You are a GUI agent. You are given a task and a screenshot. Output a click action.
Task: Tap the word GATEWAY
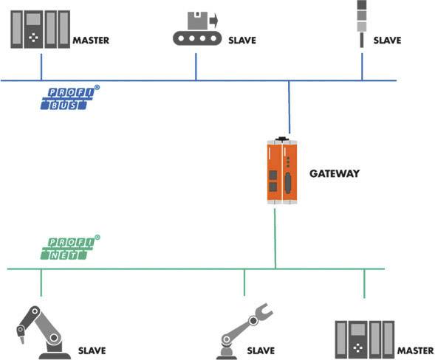pyautogui.click(x=335, y=173)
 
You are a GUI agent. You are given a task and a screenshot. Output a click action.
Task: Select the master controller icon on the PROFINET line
pyautogui.click(x=364, y=339)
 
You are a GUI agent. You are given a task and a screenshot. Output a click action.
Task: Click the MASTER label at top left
pyautogui.click(x=91, y=41)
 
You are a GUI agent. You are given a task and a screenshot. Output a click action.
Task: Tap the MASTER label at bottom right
pyautogui.click(x=415, y=351)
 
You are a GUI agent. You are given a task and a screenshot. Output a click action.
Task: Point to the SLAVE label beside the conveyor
pyautogui.click(x=242, y=41)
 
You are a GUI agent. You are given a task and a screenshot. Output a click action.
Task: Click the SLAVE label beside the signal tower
pyautogui.click(x=387, y=41)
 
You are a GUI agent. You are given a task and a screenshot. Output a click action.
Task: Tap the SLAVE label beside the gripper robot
pyautogui.click(x=261, y=351)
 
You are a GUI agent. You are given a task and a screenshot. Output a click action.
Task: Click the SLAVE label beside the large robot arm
pyautogui.click(x=92, y=350)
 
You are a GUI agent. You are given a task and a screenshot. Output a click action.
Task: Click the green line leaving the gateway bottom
pyautogui.click(x=275, y=236)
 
